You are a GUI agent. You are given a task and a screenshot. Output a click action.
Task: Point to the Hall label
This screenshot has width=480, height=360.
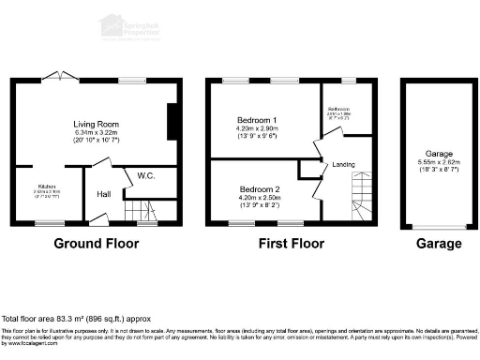tap(105, 195)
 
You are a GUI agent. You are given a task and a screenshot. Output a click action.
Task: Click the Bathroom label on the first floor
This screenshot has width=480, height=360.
tap(338, 109)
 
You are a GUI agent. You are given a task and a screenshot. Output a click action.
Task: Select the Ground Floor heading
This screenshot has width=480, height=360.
tap(96, 244)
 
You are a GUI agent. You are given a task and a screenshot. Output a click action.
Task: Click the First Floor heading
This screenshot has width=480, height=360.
tap(292, 244)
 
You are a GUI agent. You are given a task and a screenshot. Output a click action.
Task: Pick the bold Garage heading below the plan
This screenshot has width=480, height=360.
tap(439, 244)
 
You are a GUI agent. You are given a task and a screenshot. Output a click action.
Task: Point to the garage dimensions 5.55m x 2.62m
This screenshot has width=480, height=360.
tap(439, 162)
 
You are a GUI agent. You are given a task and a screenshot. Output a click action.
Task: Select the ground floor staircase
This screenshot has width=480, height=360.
tap(139, 212)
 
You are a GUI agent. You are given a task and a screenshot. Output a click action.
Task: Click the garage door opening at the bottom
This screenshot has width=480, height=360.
tap(439, 227)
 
